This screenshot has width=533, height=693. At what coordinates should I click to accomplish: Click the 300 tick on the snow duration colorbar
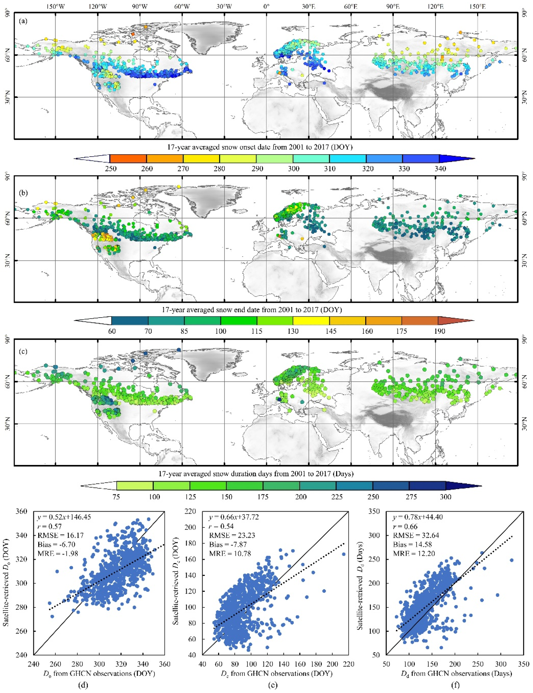[446, 497]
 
